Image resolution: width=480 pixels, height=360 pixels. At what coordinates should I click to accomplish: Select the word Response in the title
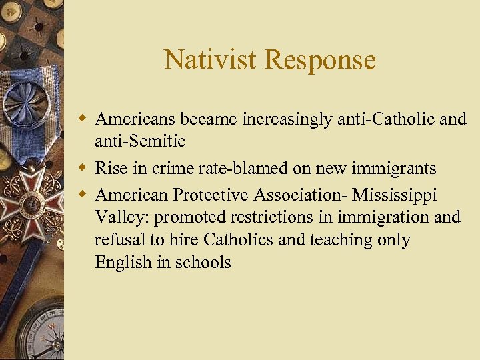tap(320, 60)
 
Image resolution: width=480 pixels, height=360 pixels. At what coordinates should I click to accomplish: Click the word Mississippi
tap(395, 195)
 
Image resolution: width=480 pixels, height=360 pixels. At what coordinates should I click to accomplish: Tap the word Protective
tap(215, 195)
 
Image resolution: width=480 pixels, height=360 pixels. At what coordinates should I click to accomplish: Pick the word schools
tap(203, 262)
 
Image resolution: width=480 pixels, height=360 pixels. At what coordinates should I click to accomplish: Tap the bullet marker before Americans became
tap(82, 119)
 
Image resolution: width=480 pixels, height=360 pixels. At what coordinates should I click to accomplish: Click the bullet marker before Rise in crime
tap(82, 169)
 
